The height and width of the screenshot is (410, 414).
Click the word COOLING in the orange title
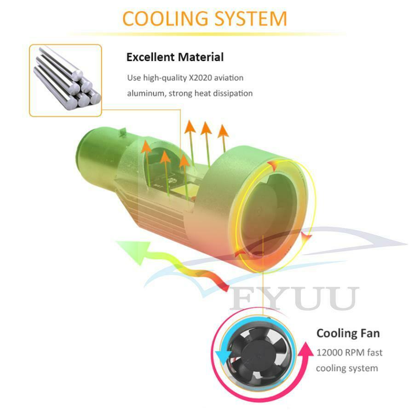(165, 19)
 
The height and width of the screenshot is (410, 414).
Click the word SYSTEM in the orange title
(251, 19)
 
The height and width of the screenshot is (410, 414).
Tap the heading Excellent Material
(175, 57)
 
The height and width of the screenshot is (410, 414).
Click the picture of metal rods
(65, 80)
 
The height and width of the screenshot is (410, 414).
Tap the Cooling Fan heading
(348, 333)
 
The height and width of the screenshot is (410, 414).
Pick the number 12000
(329, 353)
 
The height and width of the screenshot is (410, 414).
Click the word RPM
(354, 353)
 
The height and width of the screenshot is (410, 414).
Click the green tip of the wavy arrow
(131, 251)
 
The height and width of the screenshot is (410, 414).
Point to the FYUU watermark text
(294, 298)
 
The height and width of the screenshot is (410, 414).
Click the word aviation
(229, 78)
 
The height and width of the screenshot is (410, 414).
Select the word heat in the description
(202, 93)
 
